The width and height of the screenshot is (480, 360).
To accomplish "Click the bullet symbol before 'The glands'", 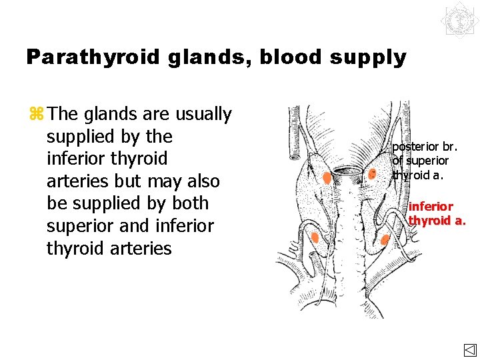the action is coord(36,114).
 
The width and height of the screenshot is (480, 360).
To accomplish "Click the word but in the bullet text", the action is coord(117,181).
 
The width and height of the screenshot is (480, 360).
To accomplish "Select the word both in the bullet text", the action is coord(189,203).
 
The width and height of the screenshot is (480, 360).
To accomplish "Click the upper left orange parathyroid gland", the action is coord(327,177).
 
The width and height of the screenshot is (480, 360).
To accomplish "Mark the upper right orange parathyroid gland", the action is coord(372,174).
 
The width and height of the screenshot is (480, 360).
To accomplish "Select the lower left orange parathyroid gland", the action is coord(314,237).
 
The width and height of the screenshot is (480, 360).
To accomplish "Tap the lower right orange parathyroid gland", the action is coord(385,239).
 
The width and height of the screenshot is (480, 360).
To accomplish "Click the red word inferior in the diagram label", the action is coord(431,207).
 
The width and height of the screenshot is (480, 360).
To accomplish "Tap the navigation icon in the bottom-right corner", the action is coord(469,351).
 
